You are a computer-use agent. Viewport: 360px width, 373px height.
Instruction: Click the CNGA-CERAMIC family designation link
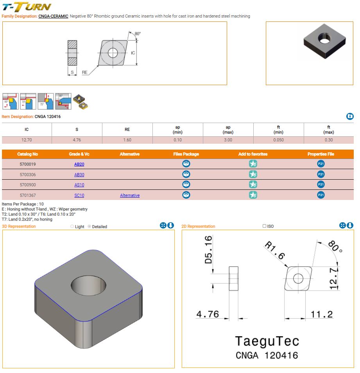(53, 16)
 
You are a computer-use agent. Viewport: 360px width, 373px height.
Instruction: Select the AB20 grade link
(79, 164)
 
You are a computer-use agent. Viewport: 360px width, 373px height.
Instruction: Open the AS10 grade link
(79, 185)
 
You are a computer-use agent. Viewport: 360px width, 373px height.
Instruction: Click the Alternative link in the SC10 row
(130, 196)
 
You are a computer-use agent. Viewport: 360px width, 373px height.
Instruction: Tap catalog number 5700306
(28, 175)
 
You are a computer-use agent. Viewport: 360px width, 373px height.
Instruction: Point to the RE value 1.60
(127, 140)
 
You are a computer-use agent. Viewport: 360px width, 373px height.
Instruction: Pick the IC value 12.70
(27, 140)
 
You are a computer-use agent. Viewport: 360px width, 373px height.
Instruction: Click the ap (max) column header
(228, 130)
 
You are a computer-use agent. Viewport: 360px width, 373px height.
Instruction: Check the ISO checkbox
(264, 226)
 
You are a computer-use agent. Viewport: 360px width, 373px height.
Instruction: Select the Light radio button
(72, 227)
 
